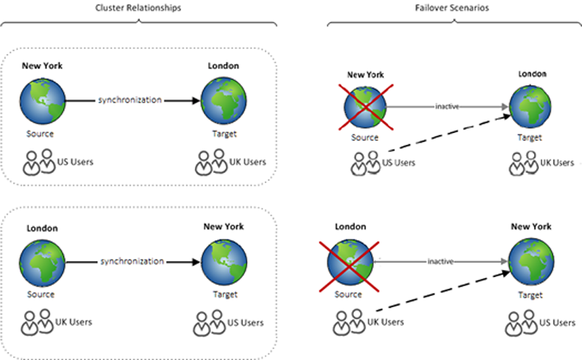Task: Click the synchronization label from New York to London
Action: click(x=129, y=99)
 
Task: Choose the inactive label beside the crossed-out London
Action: click(x=441, y=260)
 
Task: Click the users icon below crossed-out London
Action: click(x=351, y=321)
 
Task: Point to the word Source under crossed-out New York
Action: click(x=364, y=137)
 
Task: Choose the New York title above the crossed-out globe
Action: click(x=364, y=74)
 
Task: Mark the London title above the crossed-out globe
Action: click(x=350, y=227)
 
